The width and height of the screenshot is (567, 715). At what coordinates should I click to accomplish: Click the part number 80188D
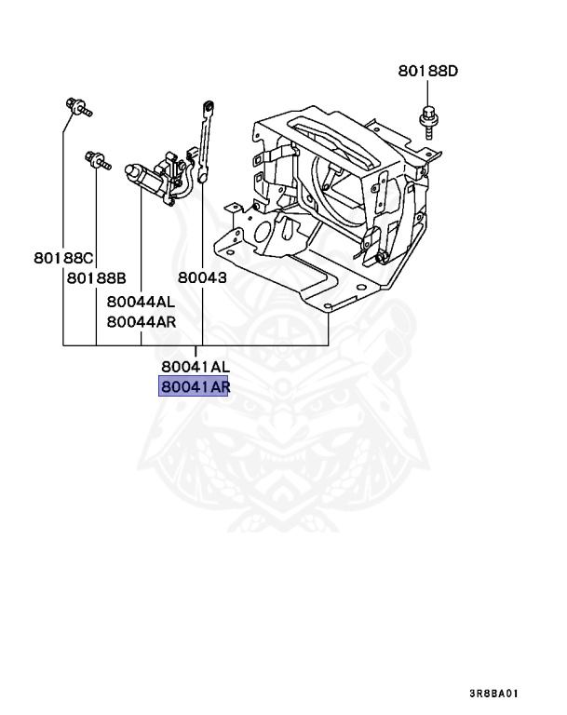pyautogui.click(x=429, y=71)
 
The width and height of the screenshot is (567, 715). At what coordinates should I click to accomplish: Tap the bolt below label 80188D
pyautogui.click(x=427, y=120)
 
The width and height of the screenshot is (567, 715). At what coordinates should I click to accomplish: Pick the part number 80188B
pyautogui.click(x=96, y=277)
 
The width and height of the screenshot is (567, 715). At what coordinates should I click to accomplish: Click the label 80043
pyautogui.click(x=203, y=277)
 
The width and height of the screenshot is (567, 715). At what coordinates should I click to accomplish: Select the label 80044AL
pyautogui.click(x=140, y=302)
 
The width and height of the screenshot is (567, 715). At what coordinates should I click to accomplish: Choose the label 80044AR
pyautogui.click(x=140, y=322)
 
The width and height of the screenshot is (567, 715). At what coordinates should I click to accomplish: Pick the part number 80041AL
pyautogui.click(x=195, y=367)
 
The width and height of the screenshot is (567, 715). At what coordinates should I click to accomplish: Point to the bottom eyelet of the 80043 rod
pyautogui.click(x=199, y=171)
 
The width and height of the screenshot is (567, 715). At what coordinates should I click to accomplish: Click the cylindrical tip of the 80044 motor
pyautogui.click(x=132, y=170)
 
